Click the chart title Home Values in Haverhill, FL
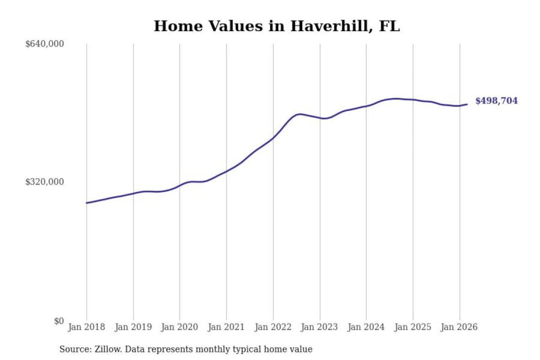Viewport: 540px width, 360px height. (x=277, y=26)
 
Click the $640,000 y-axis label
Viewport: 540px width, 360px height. (x=45, y=44)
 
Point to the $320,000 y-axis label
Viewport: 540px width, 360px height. (x=45, y=182)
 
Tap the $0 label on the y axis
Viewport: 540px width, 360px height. (x=59, y=321)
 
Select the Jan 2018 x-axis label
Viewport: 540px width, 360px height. (x=87, y=327)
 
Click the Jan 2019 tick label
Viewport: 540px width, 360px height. (x=133, y=327)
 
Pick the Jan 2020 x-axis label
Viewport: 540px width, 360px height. (x=180, y=327)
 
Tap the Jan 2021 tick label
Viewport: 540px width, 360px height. (x=226, y=327)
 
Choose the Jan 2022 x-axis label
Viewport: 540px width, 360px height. (x=273, y=327)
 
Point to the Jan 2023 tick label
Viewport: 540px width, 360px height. (x=319, y=327)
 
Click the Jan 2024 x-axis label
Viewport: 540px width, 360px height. (x=366, y=327)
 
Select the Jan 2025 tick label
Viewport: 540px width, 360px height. (x=413, y=327)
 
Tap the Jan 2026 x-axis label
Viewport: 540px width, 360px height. (x=459, y=327)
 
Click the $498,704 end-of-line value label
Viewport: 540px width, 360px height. (x=496, y=100)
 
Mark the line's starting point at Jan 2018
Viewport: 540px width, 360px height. (x=87, y=203)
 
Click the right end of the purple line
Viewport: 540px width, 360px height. (x=467, y=104)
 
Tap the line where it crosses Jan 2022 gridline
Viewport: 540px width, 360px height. (x=273, y=137)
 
